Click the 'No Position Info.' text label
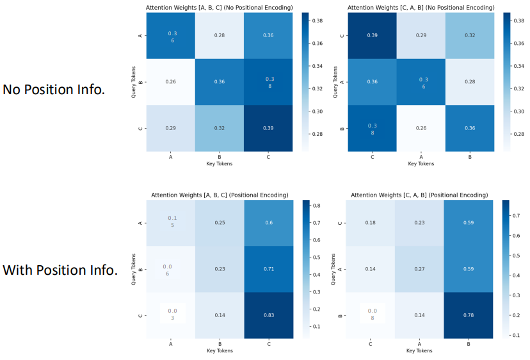(54, 90)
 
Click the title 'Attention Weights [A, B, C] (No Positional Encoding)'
(220, 7)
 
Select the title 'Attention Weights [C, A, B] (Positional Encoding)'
(419, 195)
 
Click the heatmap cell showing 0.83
(269, 316)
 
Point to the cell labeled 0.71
(269, 270)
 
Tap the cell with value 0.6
(269, 223)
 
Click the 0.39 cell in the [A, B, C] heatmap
(269, 128)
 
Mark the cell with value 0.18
(370, 223)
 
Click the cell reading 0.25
(220, 223)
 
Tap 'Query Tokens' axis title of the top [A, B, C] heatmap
(134, 82)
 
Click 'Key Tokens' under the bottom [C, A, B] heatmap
(419, 350)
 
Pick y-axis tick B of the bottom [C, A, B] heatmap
(341, 316)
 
